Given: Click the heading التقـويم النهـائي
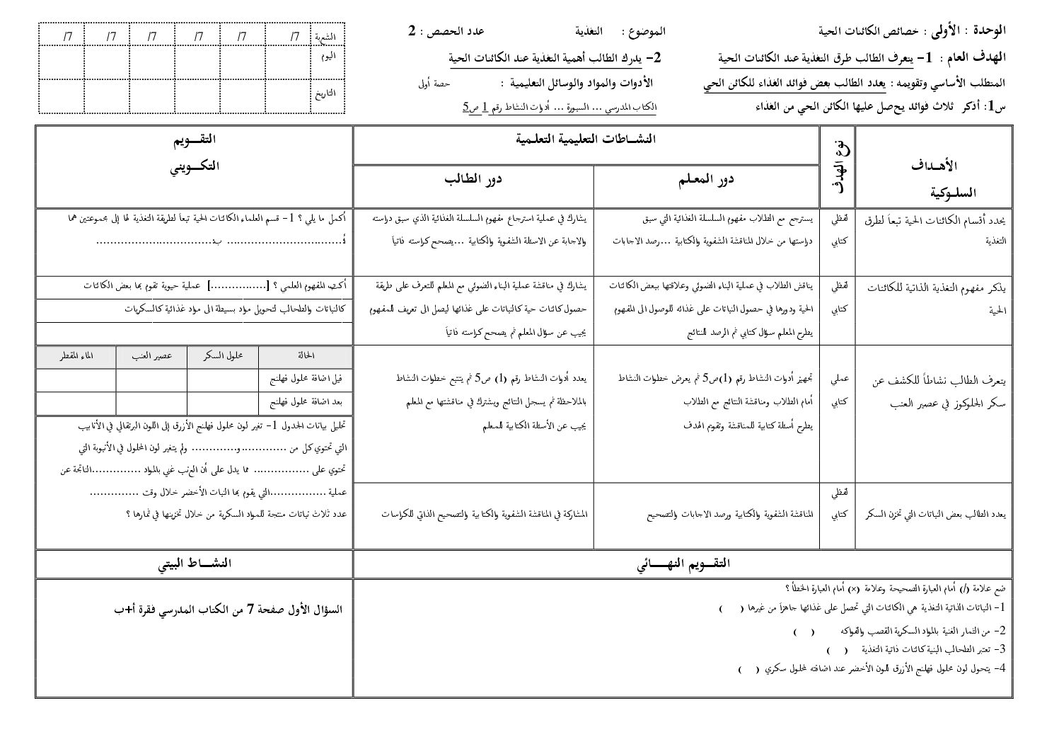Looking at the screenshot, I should [683, 564].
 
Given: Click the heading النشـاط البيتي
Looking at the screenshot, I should [195, 564].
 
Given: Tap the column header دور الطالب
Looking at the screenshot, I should [473, 180].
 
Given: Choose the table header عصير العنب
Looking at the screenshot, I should [151, 356].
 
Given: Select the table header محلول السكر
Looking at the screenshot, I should [222, 356].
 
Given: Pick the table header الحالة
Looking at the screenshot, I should [306, 356].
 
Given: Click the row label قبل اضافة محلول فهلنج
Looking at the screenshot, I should [306, 379].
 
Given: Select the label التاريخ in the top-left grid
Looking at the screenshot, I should [325, 93].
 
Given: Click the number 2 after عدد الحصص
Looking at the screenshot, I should [412, 31].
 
